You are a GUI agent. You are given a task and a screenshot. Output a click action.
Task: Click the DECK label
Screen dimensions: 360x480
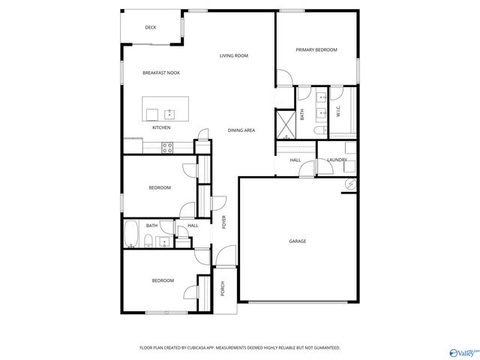click(x=151, y=28)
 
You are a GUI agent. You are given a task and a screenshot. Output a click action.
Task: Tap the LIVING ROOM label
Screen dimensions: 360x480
click(x=234, y=55)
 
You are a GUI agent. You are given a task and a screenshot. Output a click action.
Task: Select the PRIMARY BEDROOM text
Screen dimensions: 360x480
click(x=316, y=50)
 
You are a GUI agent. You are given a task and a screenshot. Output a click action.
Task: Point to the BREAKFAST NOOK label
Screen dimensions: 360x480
click(x=161, y=73)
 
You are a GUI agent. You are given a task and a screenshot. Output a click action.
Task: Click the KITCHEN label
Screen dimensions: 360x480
click(x=161, y=127)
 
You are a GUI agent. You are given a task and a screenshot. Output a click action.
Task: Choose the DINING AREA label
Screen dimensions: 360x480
click(x=241, y=130)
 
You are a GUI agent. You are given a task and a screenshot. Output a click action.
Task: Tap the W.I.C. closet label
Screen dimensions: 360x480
click(x=337, y=112)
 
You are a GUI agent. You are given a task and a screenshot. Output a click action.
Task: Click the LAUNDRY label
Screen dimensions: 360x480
click(x=336, y=160)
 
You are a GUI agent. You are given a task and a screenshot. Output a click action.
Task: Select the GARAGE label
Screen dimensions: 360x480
click(x=298, y=241)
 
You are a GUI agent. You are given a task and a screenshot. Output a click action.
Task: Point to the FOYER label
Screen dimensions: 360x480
click(x=223, y=221)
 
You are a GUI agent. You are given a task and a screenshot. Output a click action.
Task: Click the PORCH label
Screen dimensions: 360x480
click(x=223, y=288)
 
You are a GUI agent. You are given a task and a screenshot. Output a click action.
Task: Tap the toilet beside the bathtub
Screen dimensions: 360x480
click(x=148, y=241)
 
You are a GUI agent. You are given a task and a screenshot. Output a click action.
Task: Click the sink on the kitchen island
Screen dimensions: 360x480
click(x=169, y=114)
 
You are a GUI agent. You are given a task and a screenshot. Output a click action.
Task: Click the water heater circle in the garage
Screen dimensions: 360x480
click(x=349, y=184)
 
